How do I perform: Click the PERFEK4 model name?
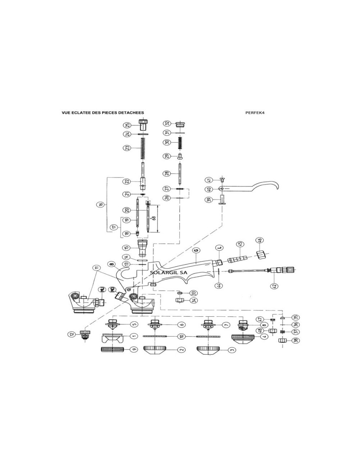(255, 113)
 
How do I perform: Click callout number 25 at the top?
(127, 125)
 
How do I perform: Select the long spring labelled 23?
(143, 148)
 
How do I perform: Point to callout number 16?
(100, 204)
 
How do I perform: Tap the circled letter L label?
(218, 248)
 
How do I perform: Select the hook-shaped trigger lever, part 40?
(252, 187)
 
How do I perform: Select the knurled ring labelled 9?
(114, 349)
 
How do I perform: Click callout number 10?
(182, 336)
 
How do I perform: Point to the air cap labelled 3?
(211, 349)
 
